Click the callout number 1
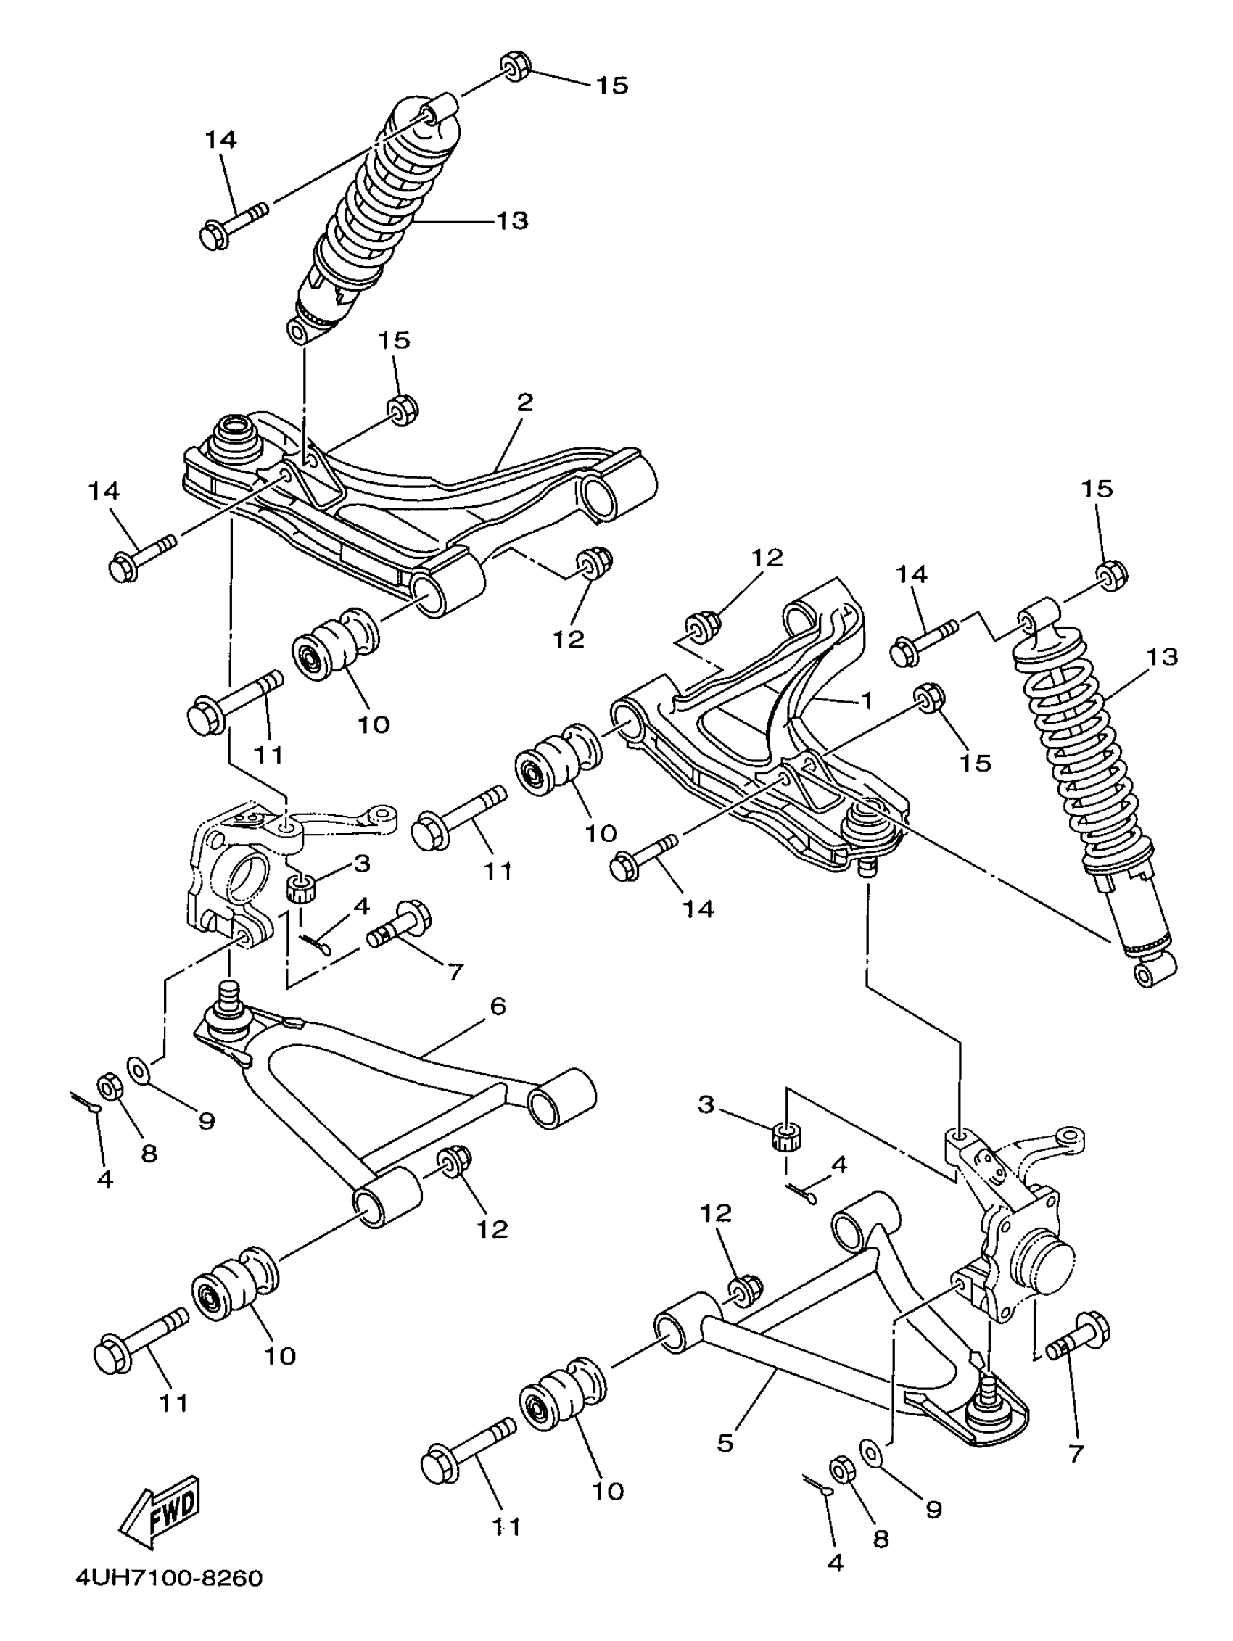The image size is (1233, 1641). pos(866,700)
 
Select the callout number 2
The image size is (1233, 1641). pos(524,403)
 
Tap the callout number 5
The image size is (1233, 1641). pos(725,1443)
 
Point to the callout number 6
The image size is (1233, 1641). pos(498,1006)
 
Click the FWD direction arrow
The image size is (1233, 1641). pos(160,1511)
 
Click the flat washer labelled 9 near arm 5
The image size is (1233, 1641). pos(871,1449)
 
